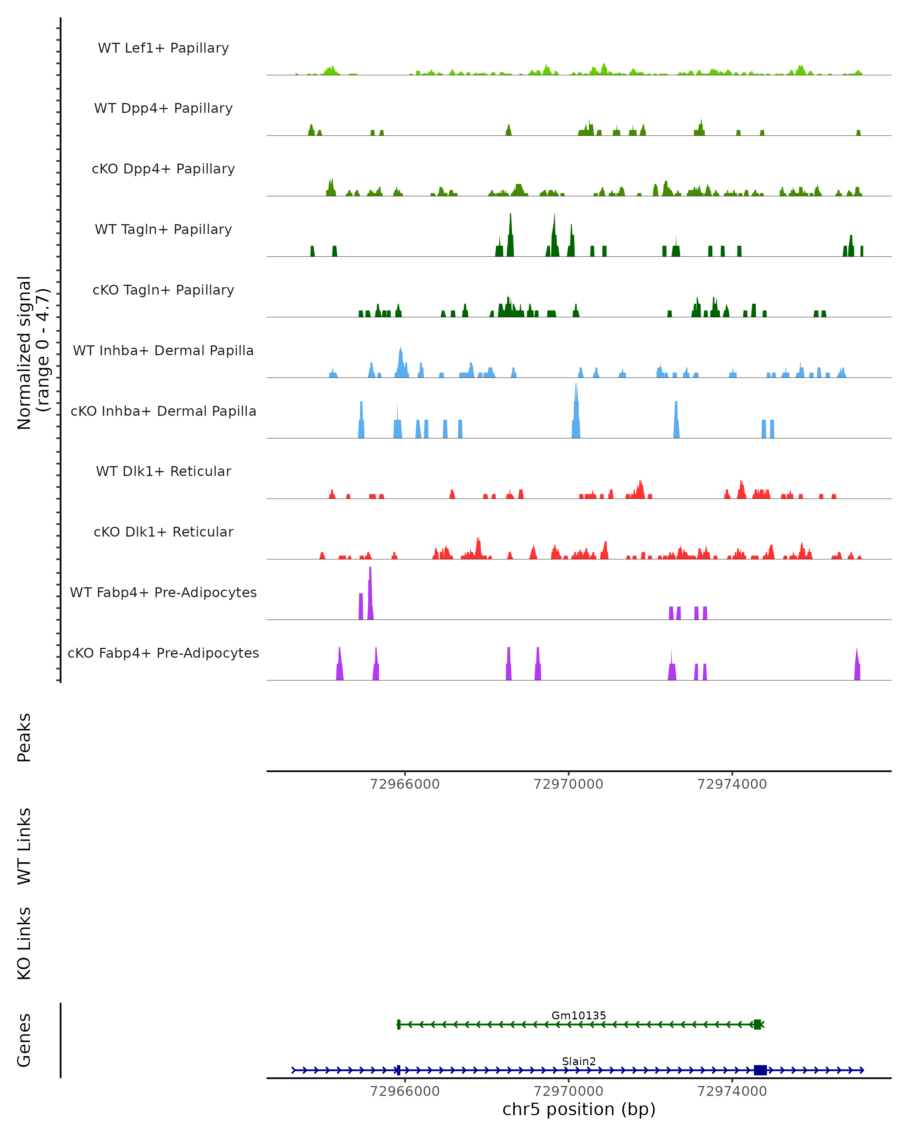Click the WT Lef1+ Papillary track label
(x=163, y=48)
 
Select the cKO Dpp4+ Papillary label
(x=163, y=169)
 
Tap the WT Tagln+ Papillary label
(x=163, y=230)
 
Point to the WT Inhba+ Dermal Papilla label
(x=163, y=351)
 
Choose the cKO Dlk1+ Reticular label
(x=163, y=532)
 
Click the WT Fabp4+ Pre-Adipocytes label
(x=163, y=593)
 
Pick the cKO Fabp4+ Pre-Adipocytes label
(x=163, y=653)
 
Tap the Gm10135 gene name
(x=579, y=1016)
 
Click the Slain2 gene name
(x=579, y=1062)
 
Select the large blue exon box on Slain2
(x=760, y=1070)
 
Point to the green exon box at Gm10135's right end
(x=757, y=1024)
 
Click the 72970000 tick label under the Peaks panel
(x=568, y=785)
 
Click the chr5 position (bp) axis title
(x=579, y=1109)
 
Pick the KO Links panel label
(x=24, y=944)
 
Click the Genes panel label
(x=24, y=1041)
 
